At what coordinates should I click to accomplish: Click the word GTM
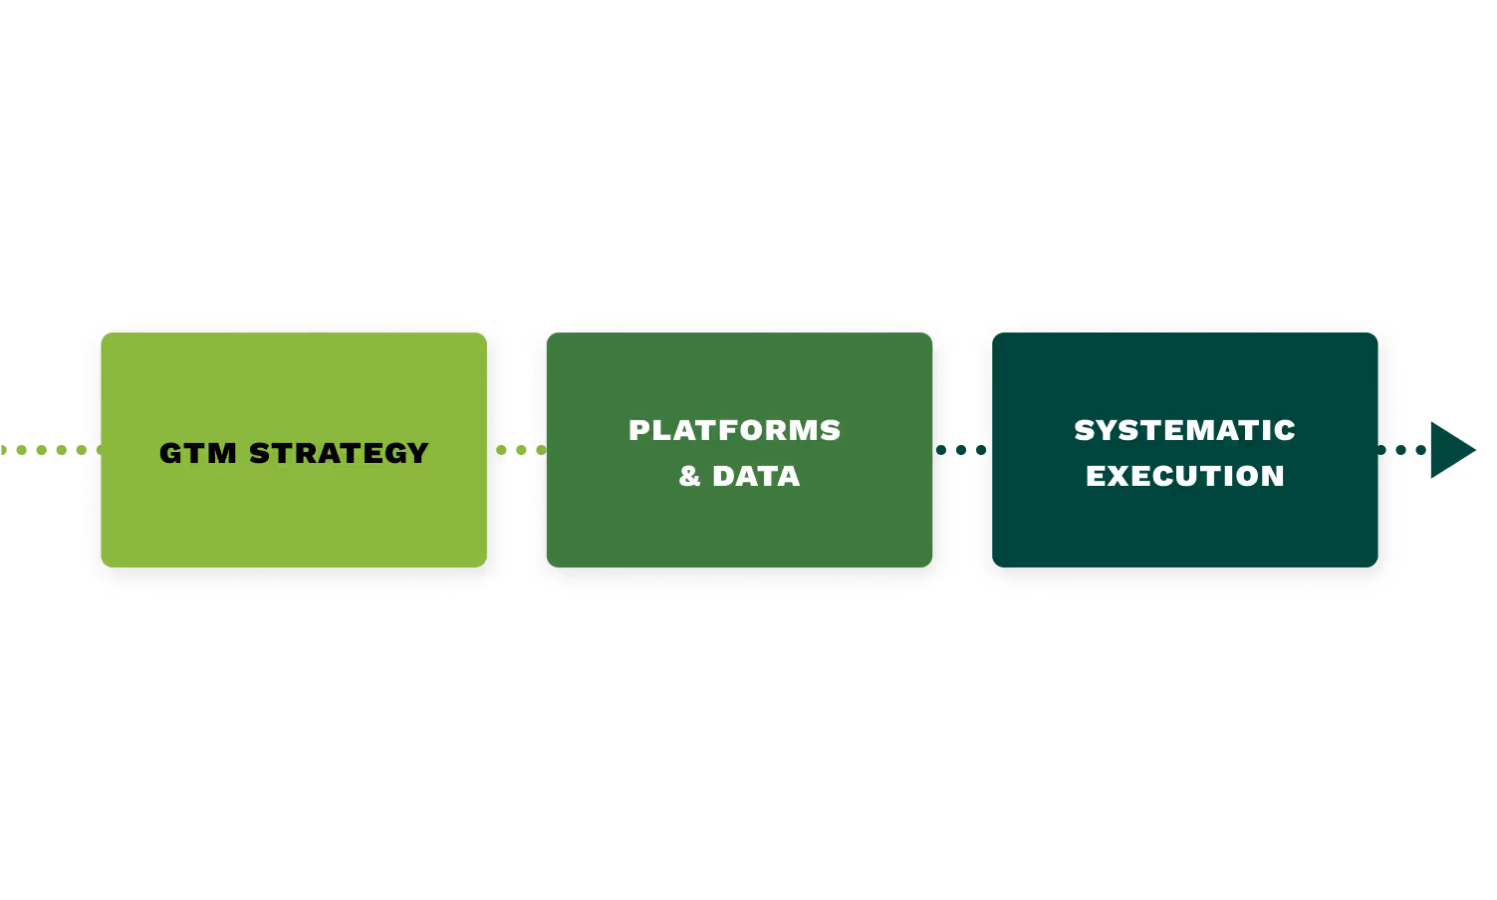pyautogui.click(x=198, y=454)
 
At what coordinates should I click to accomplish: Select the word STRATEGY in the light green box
pyautogui.click(x=339, y=454)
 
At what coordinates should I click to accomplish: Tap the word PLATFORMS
pyautogui.click(x=735, y=430)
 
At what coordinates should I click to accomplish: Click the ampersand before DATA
pyautogui.click(x=690, y=477)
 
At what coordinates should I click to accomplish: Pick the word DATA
pyautogui.click(x=756, y=477)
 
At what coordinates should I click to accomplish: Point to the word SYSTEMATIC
pyautogui.click(x=1184, y=430)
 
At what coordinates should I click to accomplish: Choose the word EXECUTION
pyautogui.click(x=1184, y=477)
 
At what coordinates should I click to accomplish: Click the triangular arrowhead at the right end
pyautogui.click(x=1449, y=450)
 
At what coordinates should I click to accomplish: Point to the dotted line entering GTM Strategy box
pyautogui.click(x=45, y=450)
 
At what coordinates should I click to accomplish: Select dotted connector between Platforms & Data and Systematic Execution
pyautogui.click(x=961, y=450)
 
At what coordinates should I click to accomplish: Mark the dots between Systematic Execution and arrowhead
pyautogui.click(x=1403, y=450)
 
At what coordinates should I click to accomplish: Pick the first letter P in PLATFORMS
pyautogui.click(x=639, y=430)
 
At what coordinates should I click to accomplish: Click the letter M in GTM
pyautogui.click(x=222, y=454)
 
